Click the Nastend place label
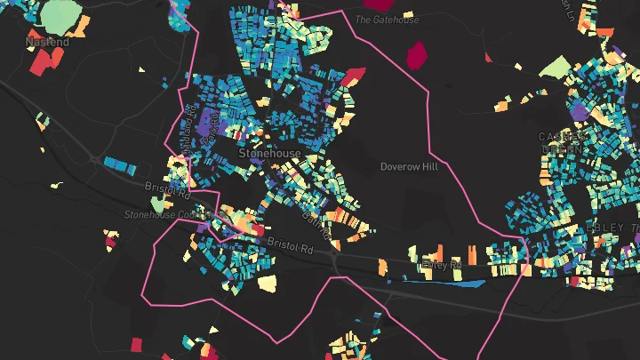point(47,42)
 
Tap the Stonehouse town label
point(270,154)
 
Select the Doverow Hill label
point(409,166)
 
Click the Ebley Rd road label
point(442,264)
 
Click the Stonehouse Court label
point(164,214)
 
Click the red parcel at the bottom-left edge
point(137,344)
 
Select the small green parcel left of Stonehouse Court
point(158,206)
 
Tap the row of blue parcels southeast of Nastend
point(119,164)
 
